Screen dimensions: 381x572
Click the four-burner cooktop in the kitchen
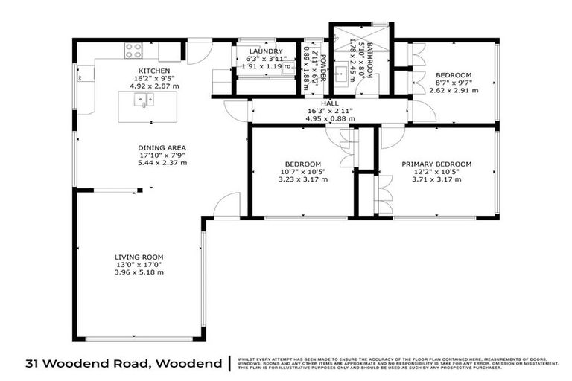[x=133, y=51]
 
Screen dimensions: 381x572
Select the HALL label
[x=330, y=104]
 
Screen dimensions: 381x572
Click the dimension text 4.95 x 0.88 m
[x=330, y=118]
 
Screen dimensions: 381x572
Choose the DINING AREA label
[x=162, y=147]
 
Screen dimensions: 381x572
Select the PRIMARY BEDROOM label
[x=436, y=164]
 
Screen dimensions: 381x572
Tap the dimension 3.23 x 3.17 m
[x=302, y=179]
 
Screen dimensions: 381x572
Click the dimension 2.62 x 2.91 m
[x=454, y=90]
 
